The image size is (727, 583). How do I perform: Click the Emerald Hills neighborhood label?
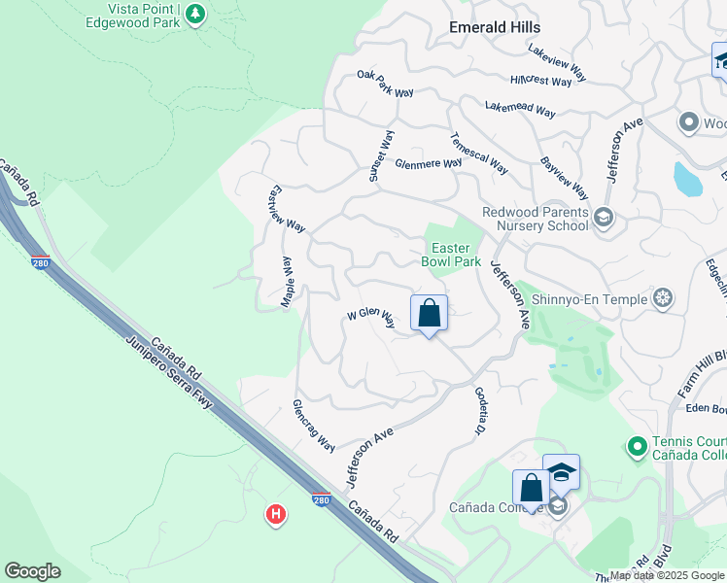click(x=494, y=27)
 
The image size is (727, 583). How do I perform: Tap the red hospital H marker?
click(x=276, y=514)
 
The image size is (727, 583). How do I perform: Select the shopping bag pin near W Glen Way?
click(x=429, y=314)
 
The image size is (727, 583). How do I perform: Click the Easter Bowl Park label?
click(x=451, y=255)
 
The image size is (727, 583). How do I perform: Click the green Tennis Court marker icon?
click(x=637, y=447)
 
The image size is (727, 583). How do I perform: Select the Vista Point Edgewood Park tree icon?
click(x=195, y=14)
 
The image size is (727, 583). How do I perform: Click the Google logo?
click(x=32, y=571)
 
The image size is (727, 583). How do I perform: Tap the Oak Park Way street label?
click(x=385, y=85)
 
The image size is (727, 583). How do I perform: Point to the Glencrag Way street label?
click(x=314, y=425)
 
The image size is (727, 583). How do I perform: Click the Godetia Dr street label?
click(x=480, y=410)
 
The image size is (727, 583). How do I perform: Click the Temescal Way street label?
click(x=479, y=154)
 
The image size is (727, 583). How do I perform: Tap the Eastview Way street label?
click(x=287, y=208)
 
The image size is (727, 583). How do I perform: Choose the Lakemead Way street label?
click(x=520, y=110)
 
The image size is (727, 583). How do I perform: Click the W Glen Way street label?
click(x=371, y=318)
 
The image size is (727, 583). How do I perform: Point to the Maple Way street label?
click(x=288, y=283)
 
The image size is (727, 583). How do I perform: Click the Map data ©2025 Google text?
click(x=667, y=575)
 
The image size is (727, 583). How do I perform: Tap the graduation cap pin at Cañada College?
click(x=561, y=472)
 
